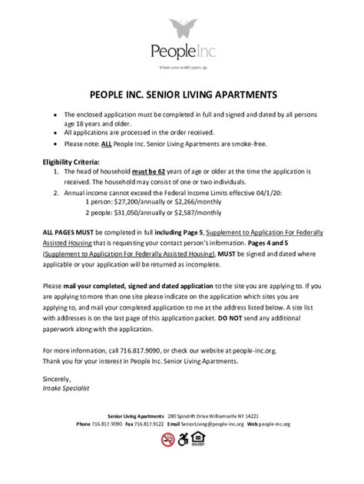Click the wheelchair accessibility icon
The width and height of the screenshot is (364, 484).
pos(183,439)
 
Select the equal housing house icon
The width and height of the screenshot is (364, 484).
pos(198,439)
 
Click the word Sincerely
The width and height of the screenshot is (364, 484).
pos(57,380)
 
